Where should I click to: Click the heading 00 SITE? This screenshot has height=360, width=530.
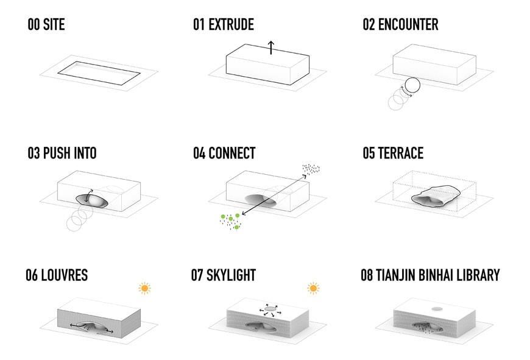point(46,25)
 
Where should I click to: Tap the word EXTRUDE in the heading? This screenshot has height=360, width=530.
point(231,25)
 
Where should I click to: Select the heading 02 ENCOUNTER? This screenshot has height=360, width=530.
point(400,25)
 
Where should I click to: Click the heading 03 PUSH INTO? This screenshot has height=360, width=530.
point(62,153)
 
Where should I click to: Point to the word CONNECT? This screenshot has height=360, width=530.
point(231,153)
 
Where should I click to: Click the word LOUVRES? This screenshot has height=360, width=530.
point(65,275)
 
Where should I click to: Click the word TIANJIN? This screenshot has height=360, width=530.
point(400,275)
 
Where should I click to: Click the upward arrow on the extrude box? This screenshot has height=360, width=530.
point(271,48)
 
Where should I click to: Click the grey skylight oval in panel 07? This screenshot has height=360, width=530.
point(269,309)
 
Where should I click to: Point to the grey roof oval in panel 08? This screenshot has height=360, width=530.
point(437,309)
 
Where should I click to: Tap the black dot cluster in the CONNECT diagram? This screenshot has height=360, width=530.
point(311,169)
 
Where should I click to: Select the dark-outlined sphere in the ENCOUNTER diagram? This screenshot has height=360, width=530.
point(411,86)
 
